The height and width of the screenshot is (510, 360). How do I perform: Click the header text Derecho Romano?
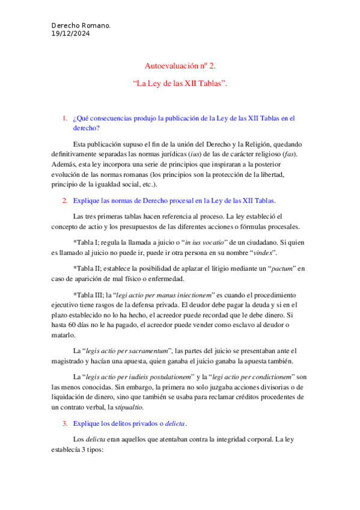pos(81,27)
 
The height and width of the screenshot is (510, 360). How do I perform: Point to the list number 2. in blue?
pos(66,200)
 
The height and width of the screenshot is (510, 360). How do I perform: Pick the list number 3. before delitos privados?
pos(66,423)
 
